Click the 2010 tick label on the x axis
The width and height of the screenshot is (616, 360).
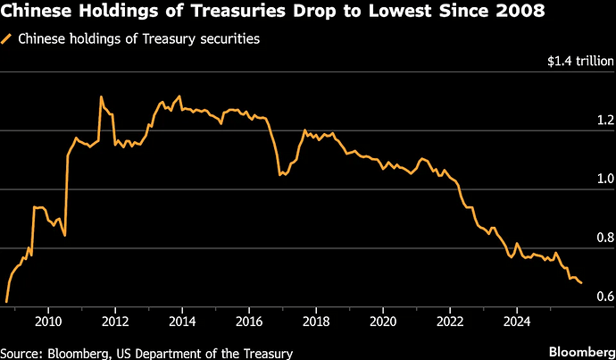pos(48,322)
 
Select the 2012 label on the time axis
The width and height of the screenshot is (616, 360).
pos(115,322)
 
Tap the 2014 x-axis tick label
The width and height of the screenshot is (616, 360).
pos(182,322)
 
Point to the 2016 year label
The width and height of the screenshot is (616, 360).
pos(249,322)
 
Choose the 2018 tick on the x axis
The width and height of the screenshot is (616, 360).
pos(316,322)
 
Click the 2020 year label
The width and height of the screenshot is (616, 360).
pos(383,322)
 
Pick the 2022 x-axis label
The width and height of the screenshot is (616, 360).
pos(450,322)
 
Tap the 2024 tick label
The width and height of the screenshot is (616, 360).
pos(517,322)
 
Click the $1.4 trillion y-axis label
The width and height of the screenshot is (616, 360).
pos(580,62)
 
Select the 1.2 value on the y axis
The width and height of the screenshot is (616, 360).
pos(605,121)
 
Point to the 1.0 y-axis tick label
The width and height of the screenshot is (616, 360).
pos(605,180)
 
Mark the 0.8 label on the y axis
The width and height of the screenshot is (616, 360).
pos(605,238)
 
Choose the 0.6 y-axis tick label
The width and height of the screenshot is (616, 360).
pos(605,297)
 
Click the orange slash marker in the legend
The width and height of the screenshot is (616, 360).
pos(6,39)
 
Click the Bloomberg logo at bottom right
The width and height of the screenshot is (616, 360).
pos(582,351)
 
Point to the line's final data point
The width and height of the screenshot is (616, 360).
pos(582,283)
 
